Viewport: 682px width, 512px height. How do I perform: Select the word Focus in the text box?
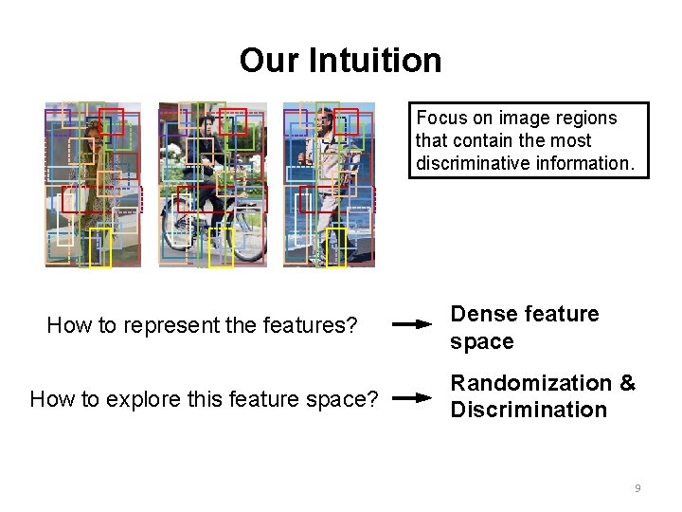[441, 119]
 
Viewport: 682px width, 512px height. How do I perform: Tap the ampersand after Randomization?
[625, 384]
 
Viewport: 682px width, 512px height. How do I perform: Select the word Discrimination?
[529, 410]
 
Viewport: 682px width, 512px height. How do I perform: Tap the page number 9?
[637, 488]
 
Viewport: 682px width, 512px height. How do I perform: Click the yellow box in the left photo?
[100, 247]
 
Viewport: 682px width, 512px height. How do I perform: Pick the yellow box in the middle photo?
[221, 247]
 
